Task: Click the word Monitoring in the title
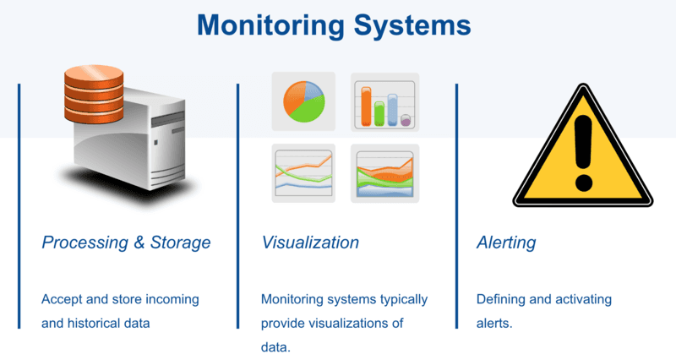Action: (x=270, y=25)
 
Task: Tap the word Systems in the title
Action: (x=412, y=25)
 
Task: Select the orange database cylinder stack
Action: (x=94, y=94)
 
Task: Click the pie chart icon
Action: (x=303, y=101)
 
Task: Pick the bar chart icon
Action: (x=385, y=102)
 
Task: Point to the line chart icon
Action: (x=303, y=173)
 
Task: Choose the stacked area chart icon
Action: (x=385, y=173)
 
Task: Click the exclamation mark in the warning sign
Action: (x=583, y=153)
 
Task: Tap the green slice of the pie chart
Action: (x=309, y=110)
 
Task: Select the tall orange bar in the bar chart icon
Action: (x=366, y=106)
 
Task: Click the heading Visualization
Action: (x=310, y=243)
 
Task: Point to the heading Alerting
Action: (x=506, y=243)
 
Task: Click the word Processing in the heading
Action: (x=85, y=243)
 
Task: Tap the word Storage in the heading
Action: (x=180, y=243)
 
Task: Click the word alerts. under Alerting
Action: (x=494, y=323)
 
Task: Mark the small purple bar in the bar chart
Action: (x=406, y=120)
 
